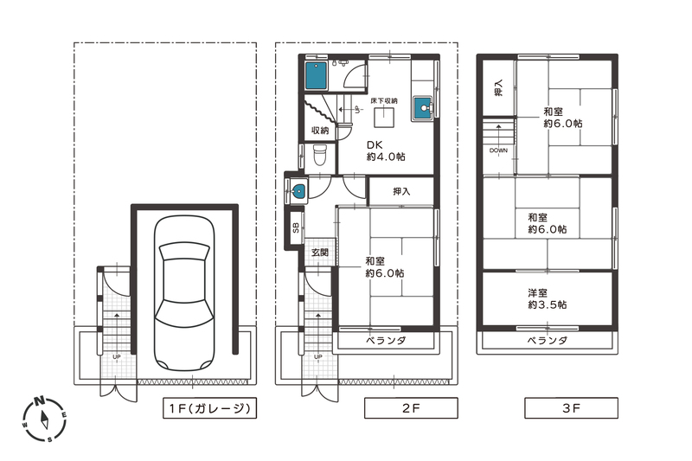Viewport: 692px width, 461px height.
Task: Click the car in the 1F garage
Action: [184, 293]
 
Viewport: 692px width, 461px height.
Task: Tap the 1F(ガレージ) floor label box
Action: [209, 408]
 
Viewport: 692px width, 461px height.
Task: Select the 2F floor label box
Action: [411, 408]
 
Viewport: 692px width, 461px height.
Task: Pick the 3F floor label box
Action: [571, 408]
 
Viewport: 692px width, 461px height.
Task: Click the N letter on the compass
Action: [39, 401]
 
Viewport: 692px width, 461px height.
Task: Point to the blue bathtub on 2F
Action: [316, 76]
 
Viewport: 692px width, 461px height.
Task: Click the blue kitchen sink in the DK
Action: [423, 108]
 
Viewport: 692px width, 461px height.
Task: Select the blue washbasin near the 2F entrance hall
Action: [298, 191]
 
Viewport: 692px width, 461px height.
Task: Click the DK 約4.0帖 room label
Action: [386, 150]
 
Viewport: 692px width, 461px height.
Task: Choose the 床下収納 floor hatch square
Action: [384, 117]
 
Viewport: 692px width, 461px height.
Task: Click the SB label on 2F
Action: [296, 227]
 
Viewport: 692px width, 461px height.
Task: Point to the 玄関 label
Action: [320, 253]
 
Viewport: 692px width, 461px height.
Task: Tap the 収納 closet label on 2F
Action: [320, 130]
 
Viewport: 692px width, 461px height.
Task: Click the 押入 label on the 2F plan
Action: [401, 191]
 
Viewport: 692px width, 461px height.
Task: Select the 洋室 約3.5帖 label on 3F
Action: [548, 298]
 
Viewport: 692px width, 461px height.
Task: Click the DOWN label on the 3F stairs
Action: [499, 150]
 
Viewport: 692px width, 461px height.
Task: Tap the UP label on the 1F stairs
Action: [117, 356]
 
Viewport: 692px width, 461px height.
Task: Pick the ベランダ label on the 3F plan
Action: [548, 341]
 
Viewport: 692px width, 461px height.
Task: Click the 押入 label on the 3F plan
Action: [498, 88]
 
